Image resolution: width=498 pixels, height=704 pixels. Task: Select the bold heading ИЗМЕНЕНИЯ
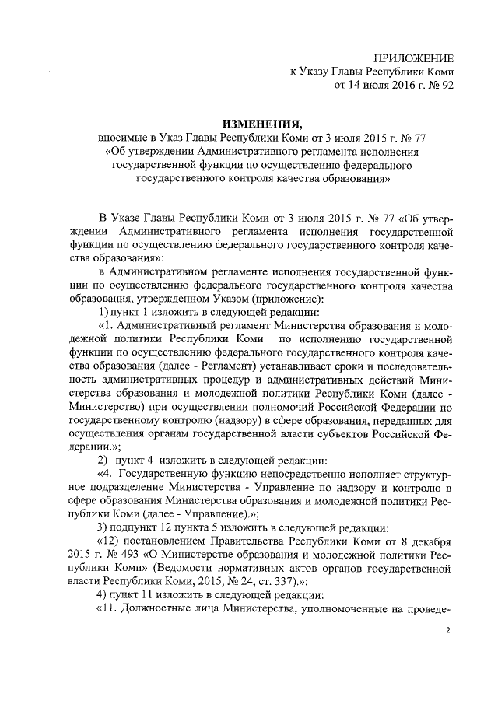[x=262, y=124]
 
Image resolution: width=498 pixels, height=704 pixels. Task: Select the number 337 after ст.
[x=303, y=580]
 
